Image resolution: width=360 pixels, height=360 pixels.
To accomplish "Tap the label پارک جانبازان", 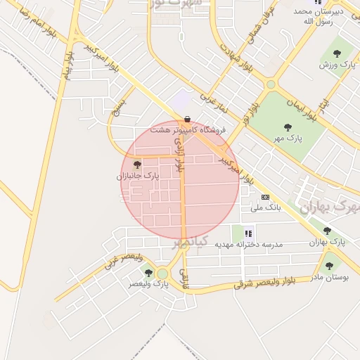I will [138, 176].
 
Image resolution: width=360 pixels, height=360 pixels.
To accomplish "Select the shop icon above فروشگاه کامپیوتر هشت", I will [187, 120].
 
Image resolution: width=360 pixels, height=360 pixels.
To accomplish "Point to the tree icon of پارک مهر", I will [287, 127].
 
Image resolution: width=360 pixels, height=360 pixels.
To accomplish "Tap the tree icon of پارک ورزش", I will [335, 53].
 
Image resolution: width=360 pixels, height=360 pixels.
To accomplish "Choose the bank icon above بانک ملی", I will [265, 197].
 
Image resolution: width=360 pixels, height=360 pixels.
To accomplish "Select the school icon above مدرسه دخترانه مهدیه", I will [247, 233].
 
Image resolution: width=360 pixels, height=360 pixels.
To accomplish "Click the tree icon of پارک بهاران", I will [327, 231].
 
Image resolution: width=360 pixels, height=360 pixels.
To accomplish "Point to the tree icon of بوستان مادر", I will [329, 266].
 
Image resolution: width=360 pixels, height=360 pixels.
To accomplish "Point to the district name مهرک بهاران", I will [328, 207].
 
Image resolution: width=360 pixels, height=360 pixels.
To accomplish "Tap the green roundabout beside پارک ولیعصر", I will [163, 273].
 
